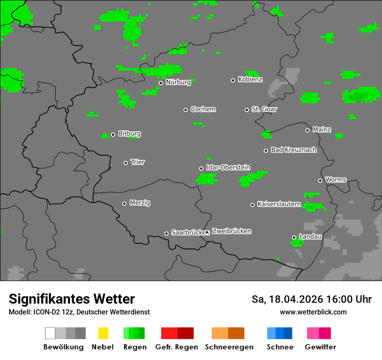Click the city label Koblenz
coord(250,80)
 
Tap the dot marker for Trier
coord(126,163)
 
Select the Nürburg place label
coord(178,82)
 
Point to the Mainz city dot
coord(307,130)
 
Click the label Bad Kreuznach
coord(293,150)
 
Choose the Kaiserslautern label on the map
coord(279,204)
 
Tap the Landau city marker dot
coord(294,237)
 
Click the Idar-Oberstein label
coord(228,167)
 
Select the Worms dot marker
coord(320,180)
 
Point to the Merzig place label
coord(140,203)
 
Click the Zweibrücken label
coord(231,231)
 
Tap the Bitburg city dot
coord(113,134)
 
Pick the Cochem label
coord(203,109)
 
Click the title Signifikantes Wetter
coord(72,299)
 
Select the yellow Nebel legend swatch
coord(103,333)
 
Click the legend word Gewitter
coord(320,347)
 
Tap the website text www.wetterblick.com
coord(313,312)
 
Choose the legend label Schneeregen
coord(229,347)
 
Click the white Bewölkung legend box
coord(50,333)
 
